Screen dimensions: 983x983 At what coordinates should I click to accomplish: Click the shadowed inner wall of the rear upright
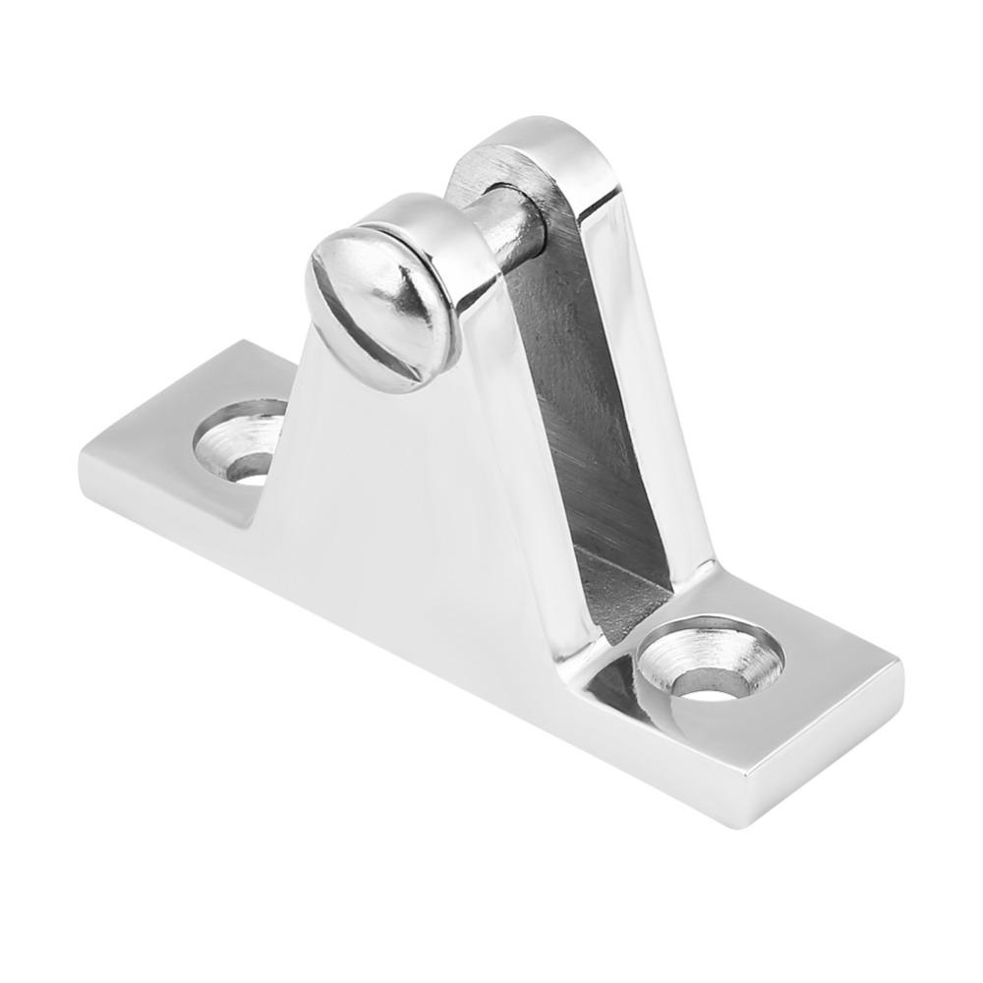570,393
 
